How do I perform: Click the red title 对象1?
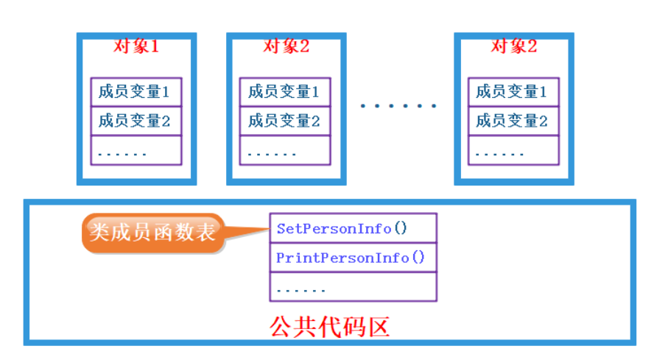click(x=136, y=46)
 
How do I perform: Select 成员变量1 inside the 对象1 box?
click(x=136, y=92)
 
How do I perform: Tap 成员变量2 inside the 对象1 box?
click(x=136, y=121)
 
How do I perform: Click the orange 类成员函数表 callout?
click(x=153, y=233)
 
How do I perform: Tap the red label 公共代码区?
click(x=329, y=326)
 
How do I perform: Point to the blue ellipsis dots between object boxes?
click(x=398, y=106)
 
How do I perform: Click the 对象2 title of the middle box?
click(x=286, y=46)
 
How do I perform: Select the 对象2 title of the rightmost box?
click(x=513, y=46)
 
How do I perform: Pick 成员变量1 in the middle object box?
click(x=285, y=92)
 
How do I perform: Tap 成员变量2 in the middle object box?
click(x=285, y=121)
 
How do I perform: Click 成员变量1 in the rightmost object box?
click(x=513, y=92)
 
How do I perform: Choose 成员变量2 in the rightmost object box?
click(x=513, y=121)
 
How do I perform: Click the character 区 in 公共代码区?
click(x=378, y=326)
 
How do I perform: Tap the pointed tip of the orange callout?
click(x=267, y=229)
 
